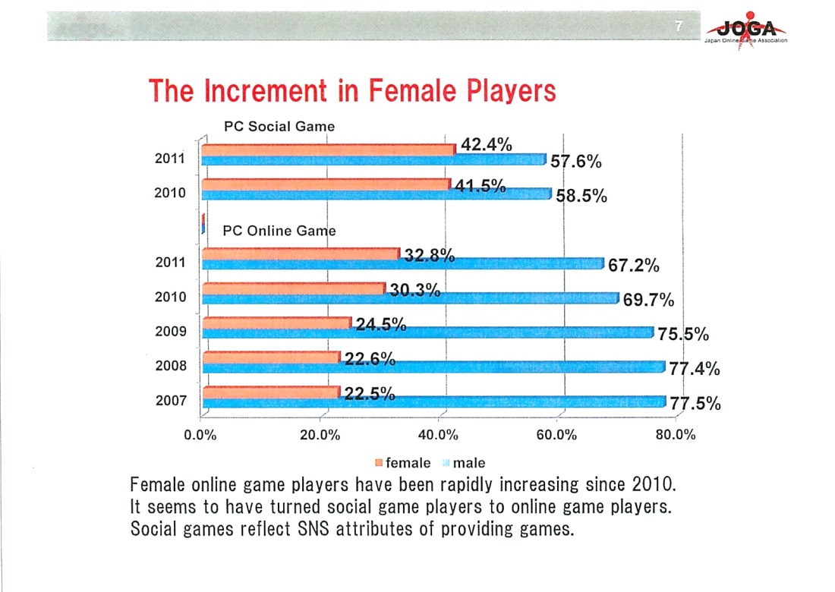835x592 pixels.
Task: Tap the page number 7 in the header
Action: pyautogui.click(x=679, y=27)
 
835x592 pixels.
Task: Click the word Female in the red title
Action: pyautogui.click(x=407, y=92)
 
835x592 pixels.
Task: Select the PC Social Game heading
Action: pyautogui.click(x=278, y=126)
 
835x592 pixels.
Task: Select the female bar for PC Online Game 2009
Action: pyautogui.click(x=276, y=323)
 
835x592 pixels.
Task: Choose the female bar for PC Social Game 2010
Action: pyautogui.click(x=326, y=184)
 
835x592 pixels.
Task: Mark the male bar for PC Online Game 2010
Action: pyautogui.click(x=410, y=298)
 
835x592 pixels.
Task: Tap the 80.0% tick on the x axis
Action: pyautogui.click(x=676, y=435)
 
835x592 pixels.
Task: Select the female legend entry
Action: pyautogui.click(x=403, y=462)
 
